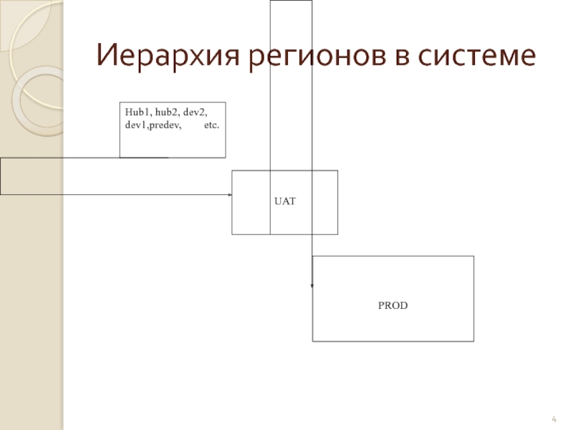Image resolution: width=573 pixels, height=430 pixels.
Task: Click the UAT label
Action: [285, 203]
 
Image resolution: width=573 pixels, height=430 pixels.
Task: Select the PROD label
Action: [393, 305]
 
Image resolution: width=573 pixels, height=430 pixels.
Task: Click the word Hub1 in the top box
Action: [134, 112]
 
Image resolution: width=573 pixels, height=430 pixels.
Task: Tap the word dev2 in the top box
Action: [196, 112]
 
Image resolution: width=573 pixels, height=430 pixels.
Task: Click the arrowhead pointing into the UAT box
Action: [230, 194]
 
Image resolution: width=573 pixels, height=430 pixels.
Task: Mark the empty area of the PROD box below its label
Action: [393, 326]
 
